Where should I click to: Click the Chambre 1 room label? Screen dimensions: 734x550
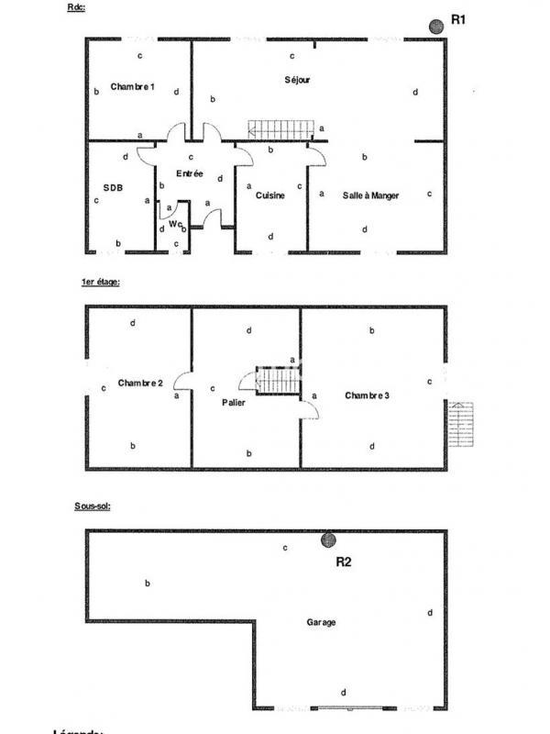coord(133,87)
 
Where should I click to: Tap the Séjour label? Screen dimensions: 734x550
coord(297,80)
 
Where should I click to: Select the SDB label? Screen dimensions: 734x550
coord(113,187)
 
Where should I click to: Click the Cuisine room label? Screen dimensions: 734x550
coord(270,195)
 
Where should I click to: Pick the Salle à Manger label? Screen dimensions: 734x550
coord(370,195)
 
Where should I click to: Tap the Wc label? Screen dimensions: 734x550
coord(174,223)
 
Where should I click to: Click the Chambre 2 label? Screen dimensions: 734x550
coord(140,383)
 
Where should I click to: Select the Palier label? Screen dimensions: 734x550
coord(234,402)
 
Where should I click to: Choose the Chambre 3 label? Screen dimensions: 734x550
coord(368,395)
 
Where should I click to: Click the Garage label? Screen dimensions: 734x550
coord(321,622)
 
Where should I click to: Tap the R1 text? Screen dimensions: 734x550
coord(460,21)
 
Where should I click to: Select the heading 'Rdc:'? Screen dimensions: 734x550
coord(77,7)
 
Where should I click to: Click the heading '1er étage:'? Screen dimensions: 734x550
coord(101,283)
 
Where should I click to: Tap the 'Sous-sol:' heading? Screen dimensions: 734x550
coord(93,506)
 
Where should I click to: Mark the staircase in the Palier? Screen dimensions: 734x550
coord(272,381)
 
